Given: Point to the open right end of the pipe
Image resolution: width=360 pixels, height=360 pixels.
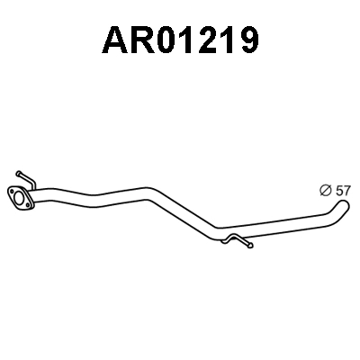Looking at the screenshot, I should [345, 206].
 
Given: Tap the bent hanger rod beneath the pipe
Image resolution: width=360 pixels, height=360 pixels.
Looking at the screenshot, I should [238, 240].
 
